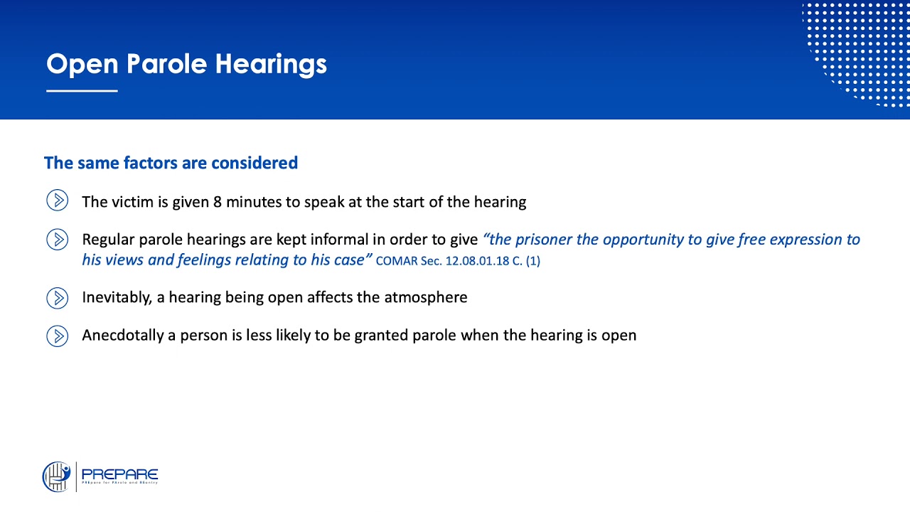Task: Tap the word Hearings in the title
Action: click(271, 65)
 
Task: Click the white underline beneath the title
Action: click(82, 91)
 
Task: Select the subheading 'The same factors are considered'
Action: click(171, 163)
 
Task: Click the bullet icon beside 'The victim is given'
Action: click(58, 201)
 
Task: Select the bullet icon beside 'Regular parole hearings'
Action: click(58, 240)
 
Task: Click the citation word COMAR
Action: click(396, 261)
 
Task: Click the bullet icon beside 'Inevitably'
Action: click(58, 298)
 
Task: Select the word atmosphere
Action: click(426, 297)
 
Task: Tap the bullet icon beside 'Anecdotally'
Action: click(58, 336)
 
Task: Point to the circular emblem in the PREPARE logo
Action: click(56, 476)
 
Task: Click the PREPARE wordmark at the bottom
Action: click(119, 474)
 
